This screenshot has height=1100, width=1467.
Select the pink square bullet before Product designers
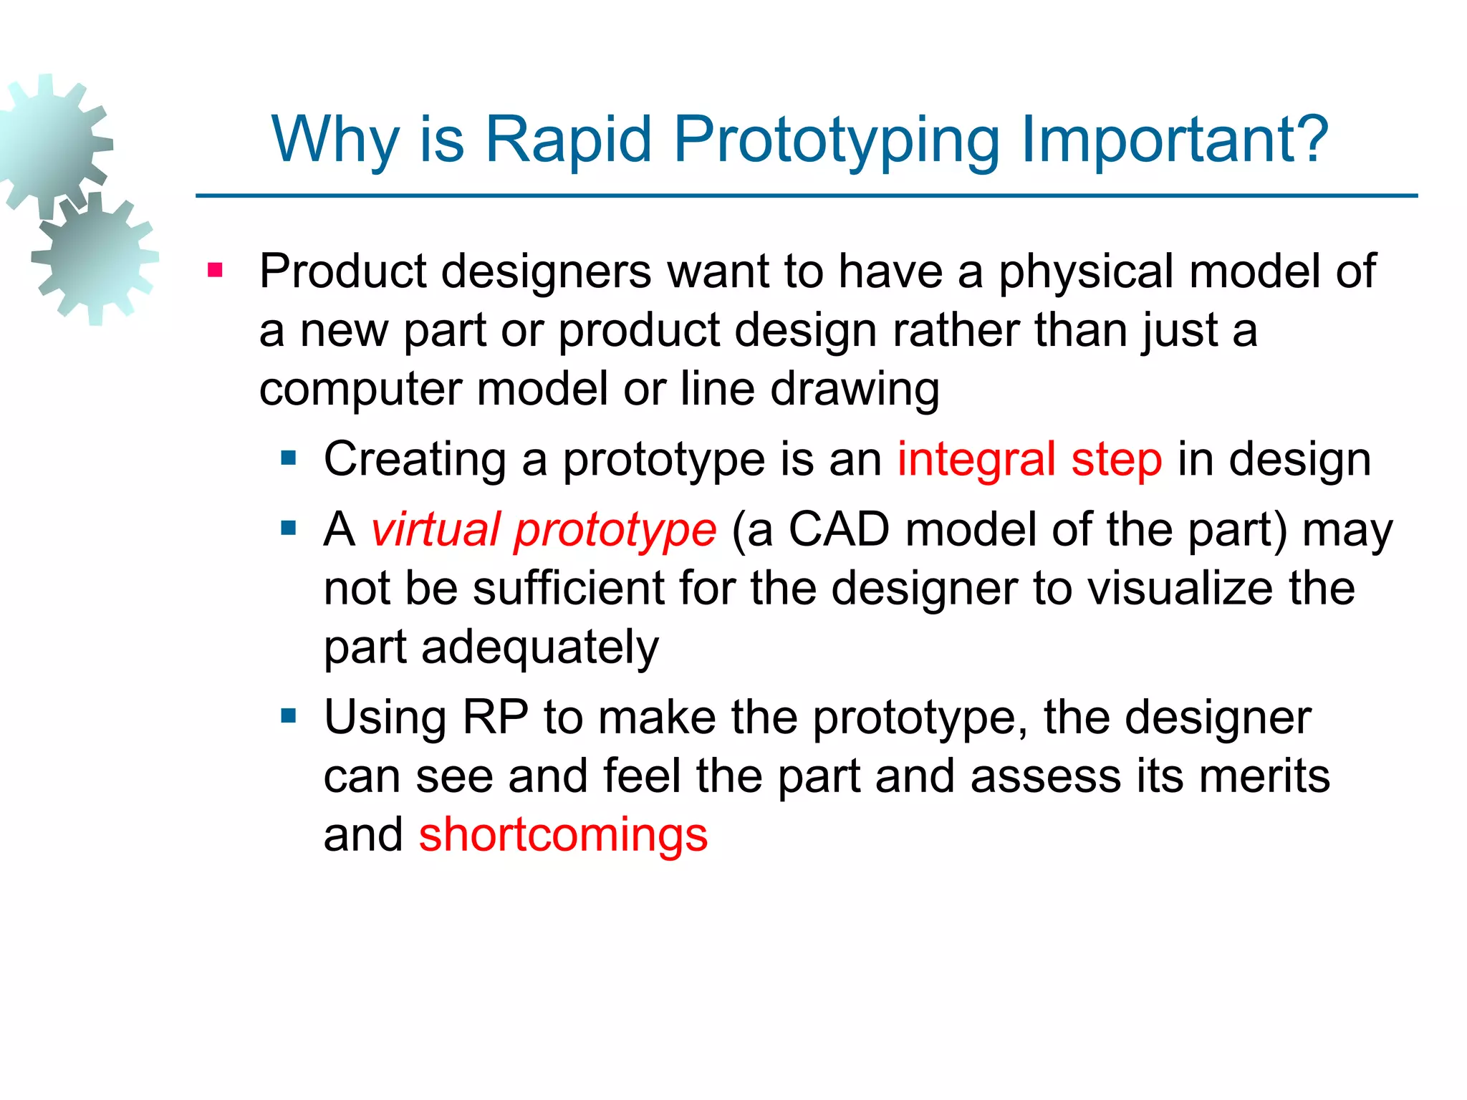coord(215,271)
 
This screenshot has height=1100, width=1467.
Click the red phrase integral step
coord(1029,459)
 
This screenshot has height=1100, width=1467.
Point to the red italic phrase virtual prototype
coord(544,530)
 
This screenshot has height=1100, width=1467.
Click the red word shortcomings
coord(563,835)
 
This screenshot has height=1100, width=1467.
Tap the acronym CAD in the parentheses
coord(839,530)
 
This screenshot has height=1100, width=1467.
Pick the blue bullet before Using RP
coord(289,715)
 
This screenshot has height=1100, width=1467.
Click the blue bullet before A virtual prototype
coord(289,529)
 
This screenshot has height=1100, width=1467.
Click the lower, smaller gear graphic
coord(95,258)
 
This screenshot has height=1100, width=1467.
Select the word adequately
coord(539,647)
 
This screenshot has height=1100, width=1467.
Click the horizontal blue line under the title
coord(807,196)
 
